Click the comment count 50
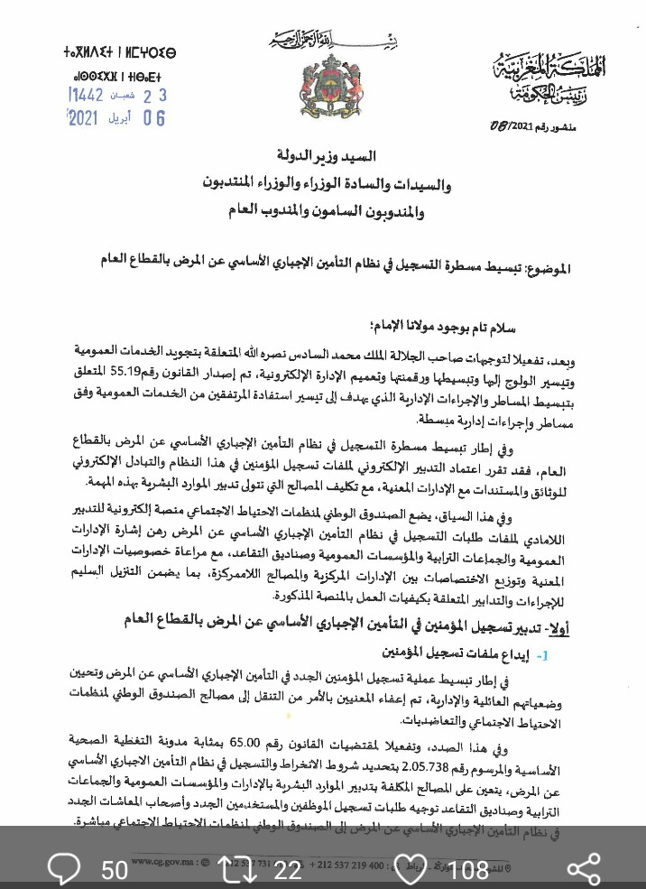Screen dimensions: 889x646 click(115, 869)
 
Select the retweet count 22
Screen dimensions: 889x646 click(288, 869)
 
